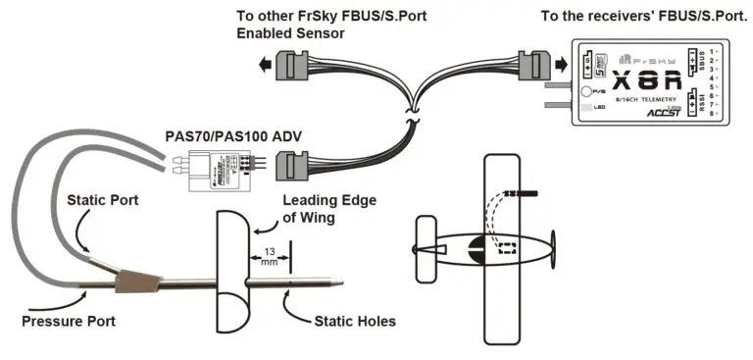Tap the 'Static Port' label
[x=103, y=199]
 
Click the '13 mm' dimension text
[x=270, y=257]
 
